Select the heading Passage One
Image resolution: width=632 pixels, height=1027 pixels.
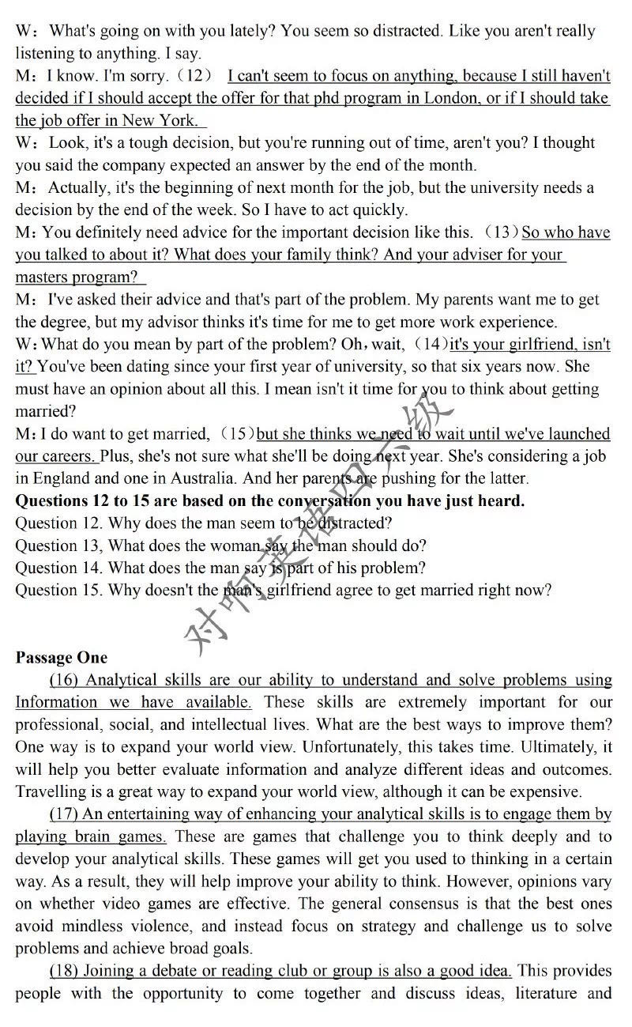pyautogui.click(x=62, y=657)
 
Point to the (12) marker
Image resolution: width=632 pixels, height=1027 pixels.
pyautogui.click(x=193, y=76)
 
